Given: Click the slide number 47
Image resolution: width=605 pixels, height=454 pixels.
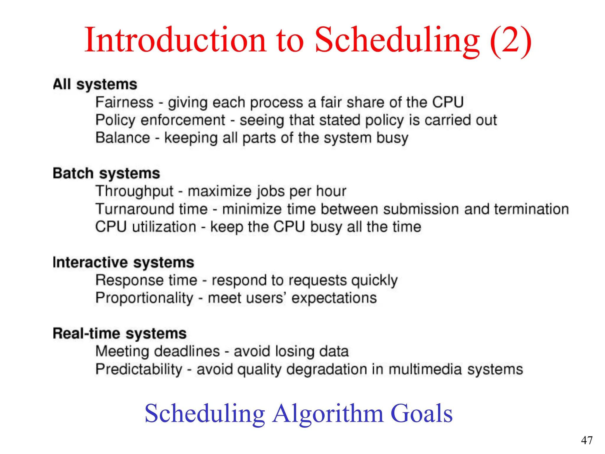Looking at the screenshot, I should (587, 440).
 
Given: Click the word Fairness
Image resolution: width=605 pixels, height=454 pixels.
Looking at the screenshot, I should (124, 103).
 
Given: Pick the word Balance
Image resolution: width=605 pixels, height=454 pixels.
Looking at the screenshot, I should (123, 138).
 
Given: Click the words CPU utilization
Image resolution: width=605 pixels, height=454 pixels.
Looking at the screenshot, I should (146, 227).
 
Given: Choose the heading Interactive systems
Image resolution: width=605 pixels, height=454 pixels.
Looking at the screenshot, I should (123, 262).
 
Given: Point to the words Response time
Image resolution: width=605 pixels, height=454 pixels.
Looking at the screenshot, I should (146, 280).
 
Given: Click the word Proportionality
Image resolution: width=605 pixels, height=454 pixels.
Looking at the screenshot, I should (144, 298).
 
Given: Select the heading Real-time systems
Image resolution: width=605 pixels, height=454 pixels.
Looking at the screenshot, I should (120, 334).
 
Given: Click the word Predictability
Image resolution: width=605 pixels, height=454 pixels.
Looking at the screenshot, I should (139, 369).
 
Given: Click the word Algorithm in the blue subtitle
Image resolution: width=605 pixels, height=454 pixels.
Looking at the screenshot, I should (328, 414).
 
